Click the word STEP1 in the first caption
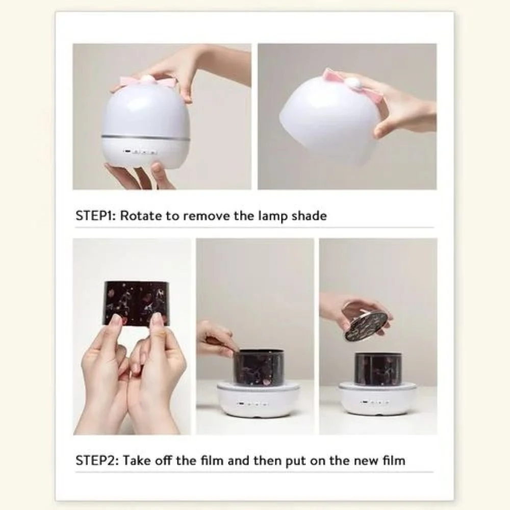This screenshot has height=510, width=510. (x=95, y=216)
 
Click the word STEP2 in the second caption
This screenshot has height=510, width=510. (x=96, y=461)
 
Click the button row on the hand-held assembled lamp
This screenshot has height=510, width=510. (x=140, y=152)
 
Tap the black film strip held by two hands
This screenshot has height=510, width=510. (x=137, y=303)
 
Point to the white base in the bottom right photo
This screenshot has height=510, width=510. (x=377, y=399)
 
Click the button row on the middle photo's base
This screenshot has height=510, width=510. (x=253, y=404)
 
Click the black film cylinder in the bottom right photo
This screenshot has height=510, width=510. (x=378, y=369)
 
